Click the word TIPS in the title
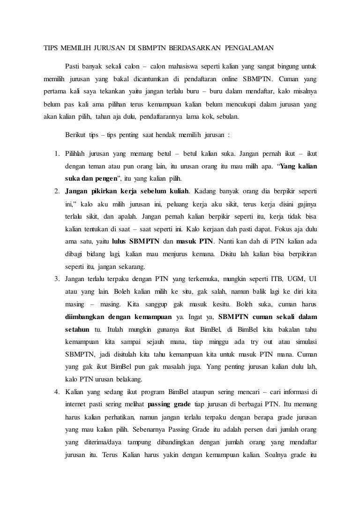[x=51, y=48]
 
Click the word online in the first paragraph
[x=230, y=77]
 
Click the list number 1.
[x=56, y=154]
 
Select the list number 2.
[x=56, y=192]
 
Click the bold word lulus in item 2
[x=121, y=242]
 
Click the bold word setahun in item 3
[x=77, y=329]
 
